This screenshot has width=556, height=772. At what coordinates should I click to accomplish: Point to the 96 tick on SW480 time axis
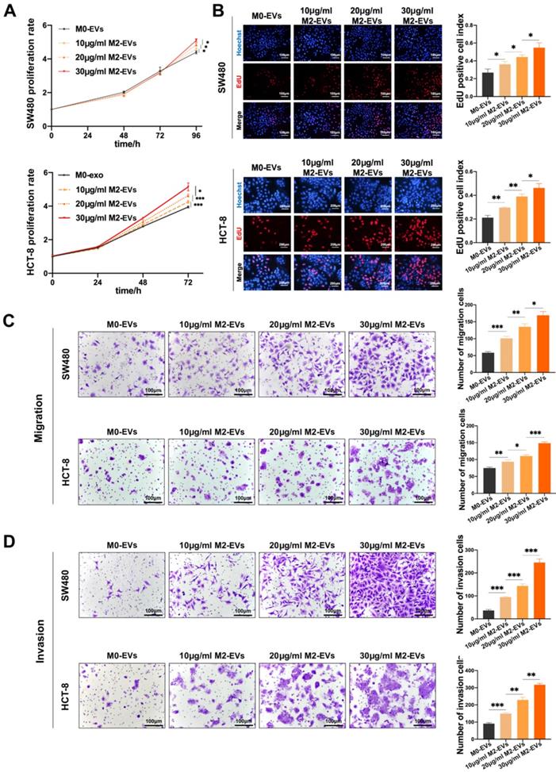(196, 115)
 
